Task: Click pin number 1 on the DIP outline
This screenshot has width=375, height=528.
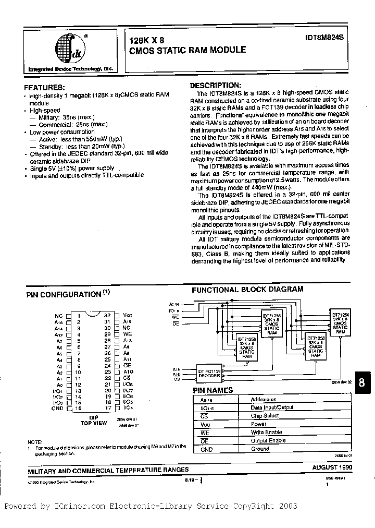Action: [x=79, y=315]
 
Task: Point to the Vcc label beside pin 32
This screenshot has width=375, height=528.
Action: [x=127, y=315]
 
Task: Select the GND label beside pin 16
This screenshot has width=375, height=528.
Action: [x=58, y=409]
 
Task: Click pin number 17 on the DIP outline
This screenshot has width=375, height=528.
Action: [x=107, y=409]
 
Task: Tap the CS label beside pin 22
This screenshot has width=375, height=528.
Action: [x=127, y=378]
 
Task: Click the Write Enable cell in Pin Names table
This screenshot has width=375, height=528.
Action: [x=266, y=433]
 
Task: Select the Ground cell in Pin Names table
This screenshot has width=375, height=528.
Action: [x=260, y=449]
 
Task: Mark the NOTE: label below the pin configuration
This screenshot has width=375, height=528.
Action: [x=35, y=441]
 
